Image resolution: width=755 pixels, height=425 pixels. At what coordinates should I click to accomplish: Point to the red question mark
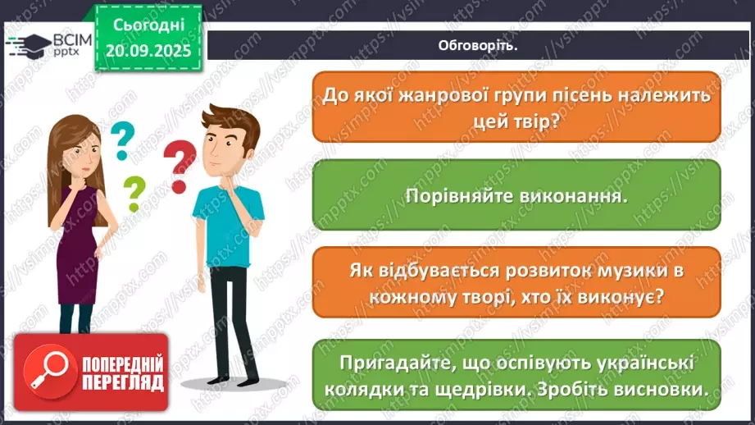pyautogui.click(x=180, y=165)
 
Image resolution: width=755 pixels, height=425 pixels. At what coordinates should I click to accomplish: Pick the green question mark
pyautogui.click(x=134, y=195)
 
